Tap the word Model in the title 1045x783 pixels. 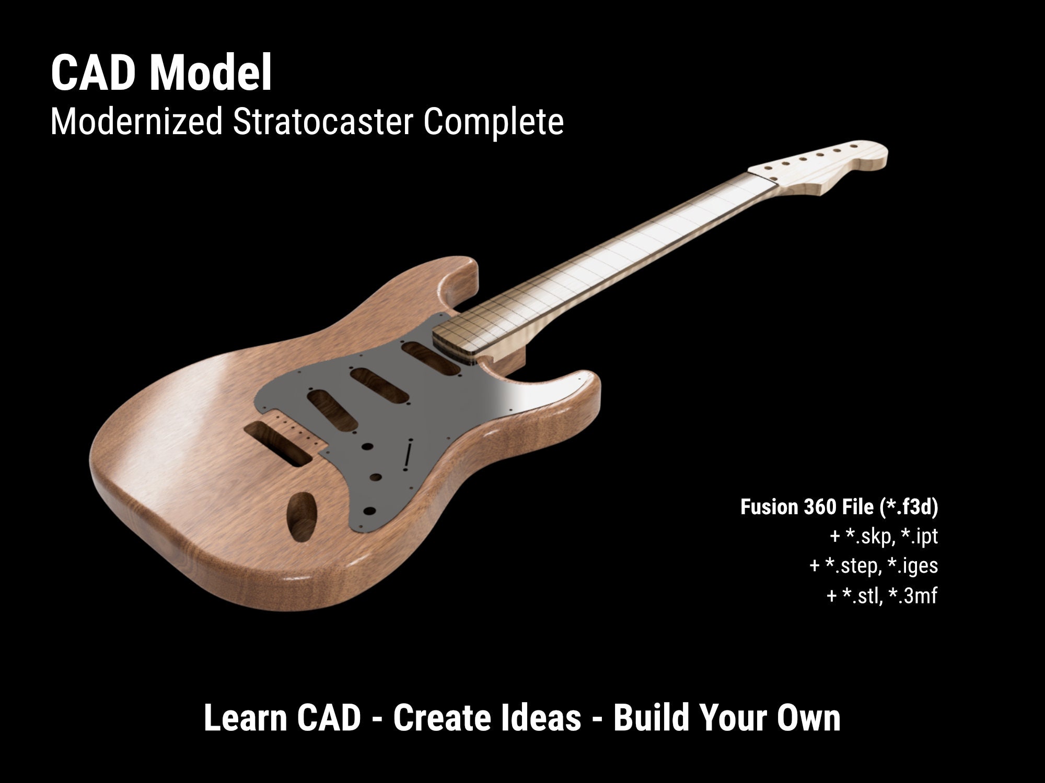(x=211, y=74)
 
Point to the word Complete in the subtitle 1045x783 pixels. (x=493, y=122)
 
